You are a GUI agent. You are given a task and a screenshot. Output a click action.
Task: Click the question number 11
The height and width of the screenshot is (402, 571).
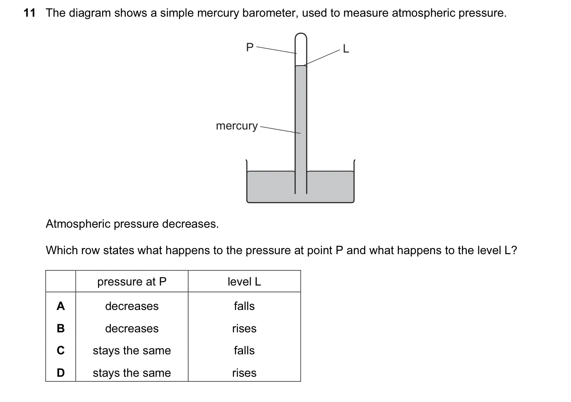(29, 13)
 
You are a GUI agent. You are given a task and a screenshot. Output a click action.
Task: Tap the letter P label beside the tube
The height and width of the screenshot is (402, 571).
(250, 47)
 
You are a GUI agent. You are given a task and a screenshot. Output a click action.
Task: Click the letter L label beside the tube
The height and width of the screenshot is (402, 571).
(346, 48)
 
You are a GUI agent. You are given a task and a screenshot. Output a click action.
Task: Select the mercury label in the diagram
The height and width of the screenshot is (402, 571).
(237, 126)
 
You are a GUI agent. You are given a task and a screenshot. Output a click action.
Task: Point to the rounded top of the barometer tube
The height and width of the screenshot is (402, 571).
(301, 34)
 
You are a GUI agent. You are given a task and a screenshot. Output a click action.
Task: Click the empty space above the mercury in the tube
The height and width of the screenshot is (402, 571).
(301, 52)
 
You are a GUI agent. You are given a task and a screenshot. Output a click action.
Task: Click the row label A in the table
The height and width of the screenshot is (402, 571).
(61, 306)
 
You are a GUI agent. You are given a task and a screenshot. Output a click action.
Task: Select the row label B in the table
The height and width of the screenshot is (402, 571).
(61, 328)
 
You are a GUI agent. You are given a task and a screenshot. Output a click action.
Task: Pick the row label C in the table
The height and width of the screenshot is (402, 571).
(61, 350)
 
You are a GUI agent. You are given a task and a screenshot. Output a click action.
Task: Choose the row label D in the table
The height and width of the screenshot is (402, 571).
(61, 373)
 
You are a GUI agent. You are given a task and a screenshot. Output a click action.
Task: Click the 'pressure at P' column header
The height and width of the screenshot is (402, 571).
(132, 282)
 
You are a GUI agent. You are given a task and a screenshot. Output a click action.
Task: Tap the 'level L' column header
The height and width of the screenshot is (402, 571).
(244, 281)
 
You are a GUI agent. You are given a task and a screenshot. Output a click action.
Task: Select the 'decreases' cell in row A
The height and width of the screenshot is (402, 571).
(132, 306)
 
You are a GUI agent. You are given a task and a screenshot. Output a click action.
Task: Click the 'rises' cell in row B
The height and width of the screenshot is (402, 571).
(244, 329)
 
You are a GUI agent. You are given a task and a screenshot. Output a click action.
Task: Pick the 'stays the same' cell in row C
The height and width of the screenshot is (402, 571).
(132, 351)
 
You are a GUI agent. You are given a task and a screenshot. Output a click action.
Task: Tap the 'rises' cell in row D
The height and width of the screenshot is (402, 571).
(244, 373)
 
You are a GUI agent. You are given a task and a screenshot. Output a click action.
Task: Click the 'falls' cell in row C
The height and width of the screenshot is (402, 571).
(244, 350)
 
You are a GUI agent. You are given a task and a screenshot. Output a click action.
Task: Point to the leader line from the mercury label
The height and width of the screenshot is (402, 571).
(280, 130)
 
